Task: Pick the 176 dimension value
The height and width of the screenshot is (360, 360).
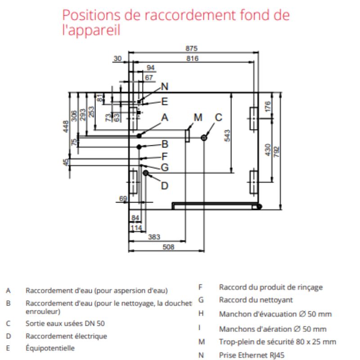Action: click(268, 106)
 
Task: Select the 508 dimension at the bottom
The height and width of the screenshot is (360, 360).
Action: click(167, 247)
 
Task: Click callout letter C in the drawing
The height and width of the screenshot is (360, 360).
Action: click(218, 118)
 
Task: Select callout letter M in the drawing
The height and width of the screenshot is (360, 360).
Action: click(198, 118)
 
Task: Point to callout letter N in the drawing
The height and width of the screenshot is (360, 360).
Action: click(164, 86)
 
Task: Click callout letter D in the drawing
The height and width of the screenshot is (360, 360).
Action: click(165, 185)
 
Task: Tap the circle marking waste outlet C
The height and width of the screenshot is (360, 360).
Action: click(204, 137)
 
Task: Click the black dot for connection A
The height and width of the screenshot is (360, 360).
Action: click(140, 135)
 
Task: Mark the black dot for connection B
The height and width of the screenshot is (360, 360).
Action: click(140, 146)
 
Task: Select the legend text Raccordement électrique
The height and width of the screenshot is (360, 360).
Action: click(66, 336)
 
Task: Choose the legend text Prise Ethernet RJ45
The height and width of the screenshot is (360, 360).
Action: click(252, 355)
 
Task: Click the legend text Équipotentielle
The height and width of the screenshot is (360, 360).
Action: click(50, 348)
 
